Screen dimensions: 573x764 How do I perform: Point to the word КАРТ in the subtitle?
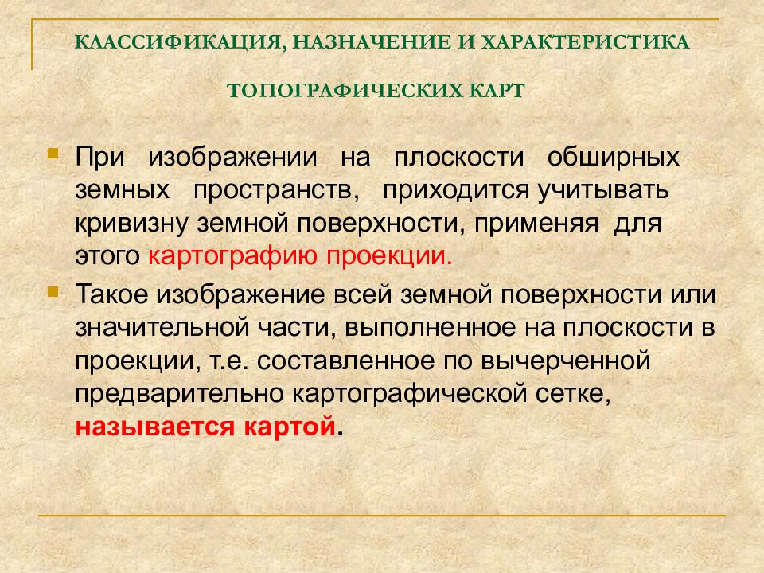click(x=492, y=90)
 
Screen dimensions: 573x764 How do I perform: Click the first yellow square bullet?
click(x=53, y=151)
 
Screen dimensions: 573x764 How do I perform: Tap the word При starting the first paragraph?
click(x=99, y=157)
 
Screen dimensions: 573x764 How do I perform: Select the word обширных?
click(x=614, y=157)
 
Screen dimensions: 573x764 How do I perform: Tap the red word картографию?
click(x=229, y=257)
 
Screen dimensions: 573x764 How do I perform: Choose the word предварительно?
click(x=180, y=394)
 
